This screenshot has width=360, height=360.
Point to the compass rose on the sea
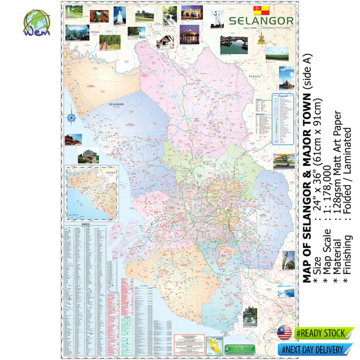(x=71, y=119)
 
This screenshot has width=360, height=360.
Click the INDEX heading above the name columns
(x=86, y=225)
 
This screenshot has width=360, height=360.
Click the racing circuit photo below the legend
(x=283, y=160)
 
